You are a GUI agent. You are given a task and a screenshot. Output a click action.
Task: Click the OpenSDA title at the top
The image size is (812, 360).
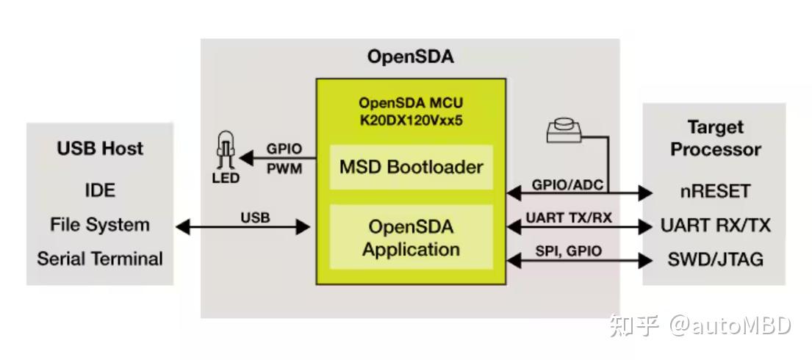(410, 57)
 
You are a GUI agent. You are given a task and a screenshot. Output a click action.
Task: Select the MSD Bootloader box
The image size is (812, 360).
(412, 168)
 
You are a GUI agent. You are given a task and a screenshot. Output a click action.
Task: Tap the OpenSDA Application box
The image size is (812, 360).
(412, 237)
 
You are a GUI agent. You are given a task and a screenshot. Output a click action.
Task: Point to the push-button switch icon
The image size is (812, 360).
(564, 131)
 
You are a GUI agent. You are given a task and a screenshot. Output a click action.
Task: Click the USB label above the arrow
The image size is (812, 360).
(255, 217)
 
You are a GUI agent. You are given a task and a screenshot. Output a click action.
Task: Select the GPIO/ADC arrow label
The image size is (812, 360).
(567, 185)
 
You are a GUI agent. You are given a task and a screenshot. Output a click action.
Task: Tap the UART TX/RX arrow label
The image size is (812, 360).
(569, 217)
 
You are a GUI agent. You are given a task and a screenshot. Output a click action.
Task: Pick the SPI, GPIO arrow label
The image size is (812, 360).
(569, 251)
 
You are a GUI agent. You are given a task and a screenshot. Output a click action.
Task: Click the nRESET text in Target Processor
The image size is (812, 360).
(715, 191)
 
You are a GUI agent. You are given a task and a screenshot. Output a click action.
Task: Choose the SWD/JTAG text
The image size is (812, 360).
(715, 259)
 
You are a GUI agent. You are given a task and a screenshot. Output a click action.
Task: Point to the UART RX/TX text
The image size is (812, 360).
(715, 226)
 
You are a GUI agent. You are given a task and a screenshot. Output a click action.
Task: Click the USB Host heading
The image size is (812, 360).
(100, 148)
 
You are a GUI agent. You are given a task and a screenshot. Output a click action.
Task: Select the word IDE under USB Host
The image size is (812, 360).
(100, 190)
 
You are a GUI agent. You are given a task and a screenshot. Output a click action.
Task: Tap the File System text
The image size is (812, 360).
(100, 225)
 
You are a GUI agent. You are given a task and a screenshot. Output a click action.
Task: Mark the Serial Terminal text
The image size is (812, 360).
(100, 259)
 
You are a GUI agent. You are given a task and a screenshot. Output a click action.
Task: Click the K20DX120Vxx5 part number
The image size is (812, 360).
(412, 120)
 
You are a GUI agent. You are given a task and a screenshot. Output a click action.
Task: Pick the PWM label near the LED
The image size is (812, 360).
(284, 169)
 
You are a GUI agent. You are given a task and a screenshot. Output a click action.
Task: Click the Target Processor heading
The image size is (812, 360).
(715, 138)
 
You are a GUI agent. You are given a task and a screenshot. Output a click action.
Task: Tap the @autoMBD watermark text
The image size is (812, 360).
(730, 325)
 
